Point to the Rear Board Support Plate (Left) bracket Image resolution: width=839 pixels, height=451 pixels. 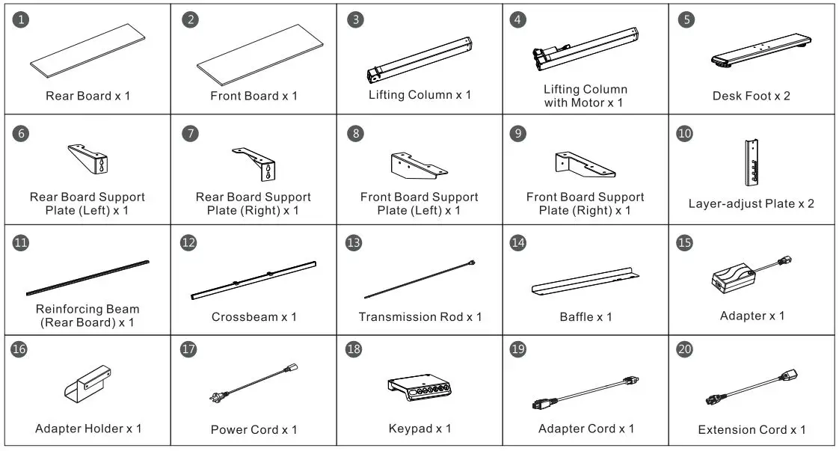(x=90, y=158)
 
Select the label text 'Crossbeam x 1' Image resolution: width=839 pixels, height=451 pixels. (x=253, y=317)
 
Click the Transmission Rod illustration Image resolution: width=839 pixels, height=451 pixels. (x=419, y=279)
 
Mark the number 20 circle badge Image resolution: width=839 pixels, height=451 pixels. (x=684, y=350)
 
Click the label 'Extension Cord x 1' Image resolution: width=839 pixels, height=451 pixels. (x=752, y=430)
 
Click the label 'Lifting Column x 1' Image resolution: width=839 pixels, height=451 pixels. (x=419, y=95)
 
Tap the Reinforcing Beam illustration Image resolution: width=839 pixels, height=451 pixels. (x=88, y=277)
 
